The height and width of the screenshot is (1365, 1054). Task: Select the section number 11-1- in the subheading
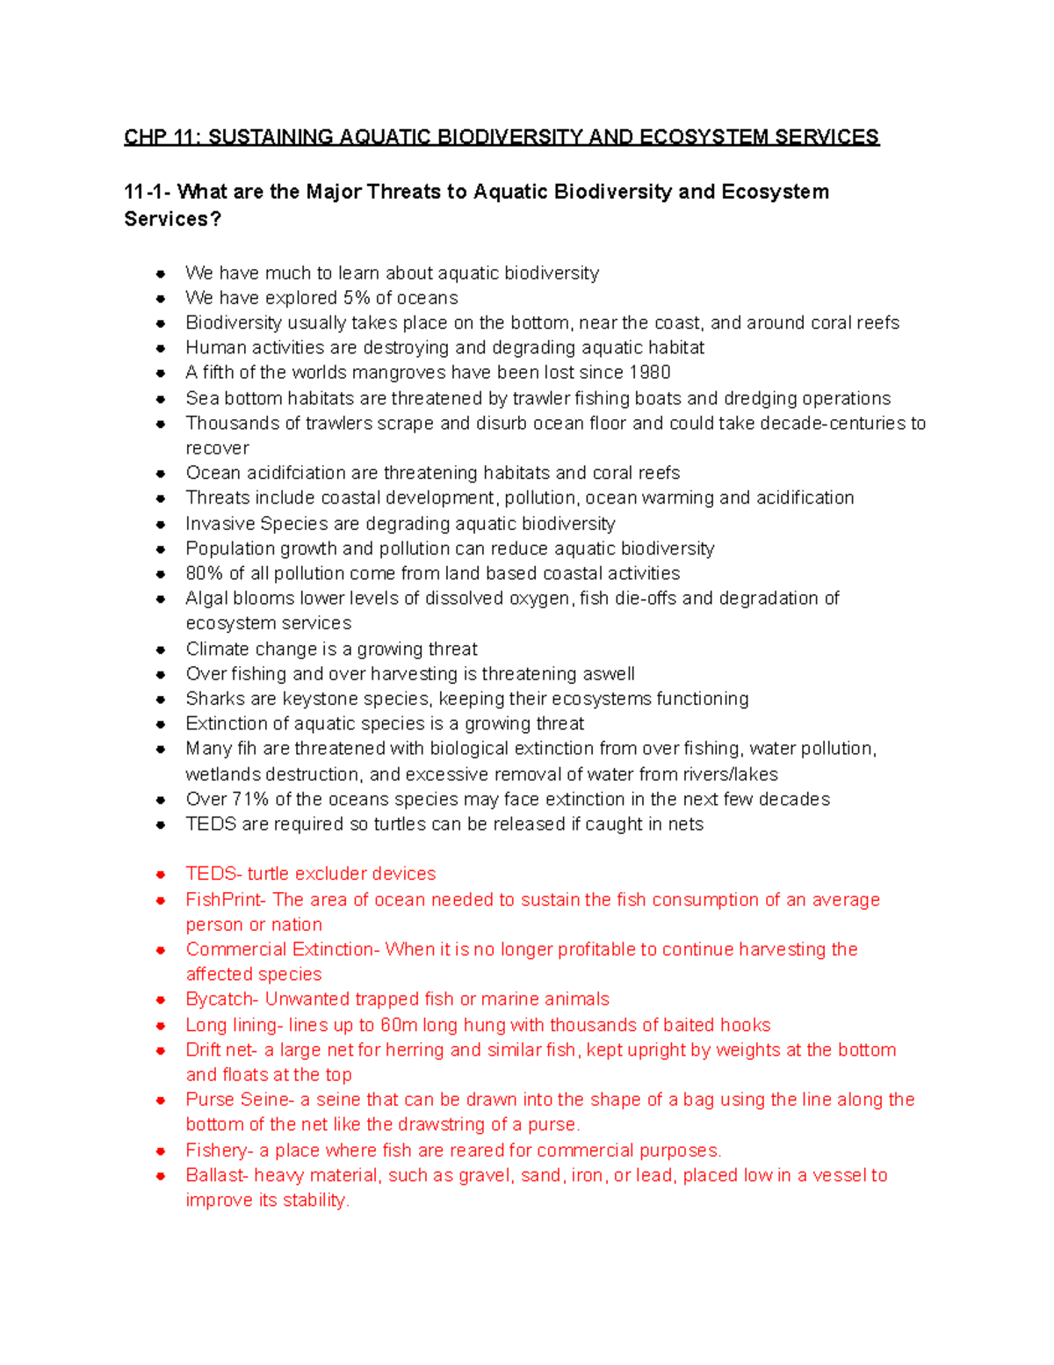(x=147, y=192)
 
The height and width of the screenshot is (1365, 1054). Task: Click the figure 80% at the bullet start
(x=205, y=574)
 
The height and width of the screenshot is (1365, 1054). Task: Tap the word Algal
(x=206, y=599)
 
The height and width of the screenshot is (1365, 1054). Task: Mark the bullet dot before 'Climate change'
(x=161, y=650)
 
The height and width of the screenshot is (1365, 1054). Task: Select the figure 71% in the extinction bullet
(x=250, y=800)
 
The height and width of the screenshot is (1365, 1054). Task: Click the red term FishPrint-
(x=225, y=900)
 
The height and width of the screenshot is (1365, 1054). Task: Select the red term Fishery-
(x=220, y=1151)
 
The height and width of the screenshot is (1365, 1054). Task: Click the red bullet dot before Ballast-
(x=161, y=1176)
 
